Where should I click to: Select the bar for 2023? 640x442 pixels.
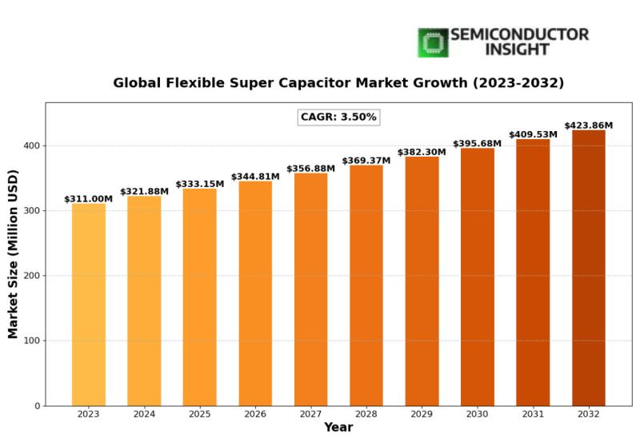pyautogui.click(x=88, y=305)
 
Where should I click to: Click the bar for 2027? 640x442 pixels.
pyautogui.click(x=310, y=289)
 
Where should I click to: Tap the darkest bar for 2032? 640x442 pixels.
pyautogui.click(x=588, y=268)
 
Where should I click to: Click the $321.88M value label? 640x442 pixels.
pyautogui.click(x=144, y=192)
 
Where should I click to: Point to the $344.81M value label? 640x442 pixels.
pyautogui.click(x=255, y=177)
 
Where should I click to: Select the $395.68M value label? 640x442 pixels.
pyautogui.click(x=477, y=144)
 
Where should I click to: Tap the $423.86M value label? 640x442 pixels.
pyautogui.click(x=588, y=125)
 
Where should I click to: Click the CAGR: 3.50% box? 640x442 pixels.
pyautogui.click(x=338, y=117)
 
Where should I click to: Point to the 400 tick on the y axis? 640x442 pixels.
pyautogui.click(x=31, y=146)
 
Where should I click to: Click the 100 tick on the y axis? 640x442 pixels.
pyautogui.click(x=31, y=341)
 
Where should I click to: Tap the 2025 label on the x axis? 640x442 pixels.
pyautogui.click(x=199, y=414)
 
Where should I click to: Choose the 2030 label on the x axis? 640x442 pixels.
pyautogui.click(x=477, y=414)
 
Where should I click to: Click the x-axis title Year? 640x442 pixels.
pyautogui.click(x=338, y=428)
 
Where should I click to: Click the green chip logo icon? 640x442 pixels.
pyautogui.click(x=433, y=42)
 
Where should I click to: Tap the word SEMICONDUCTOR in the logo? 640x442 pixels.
pyautogui.click(x=519, y=35)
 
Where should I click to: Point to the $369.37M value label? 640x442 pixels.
pyautogui.click(x=366, y=161)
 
